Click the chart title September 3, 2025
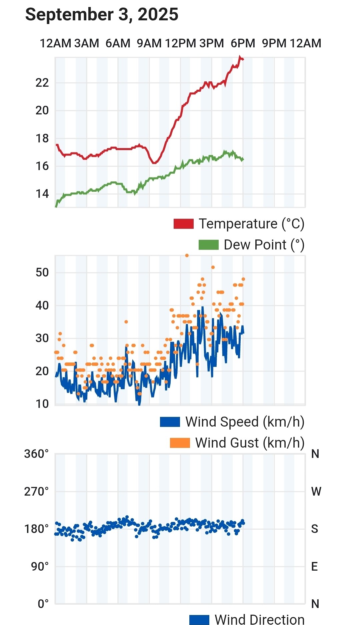(x=102, y=15)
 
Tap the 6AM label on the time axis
(x=118, y=43)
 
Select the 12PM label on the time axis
(x=180, y=43)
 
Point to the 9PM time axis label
(x=274, y=43)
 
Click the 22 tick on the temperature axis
(x=42, y=83)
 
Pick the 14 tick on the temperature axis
(x=42, y=194)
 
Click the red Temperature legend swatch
(x=183, y=224)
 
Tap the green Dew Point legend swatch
(x=208, y=245)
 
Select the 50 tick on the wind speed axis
(x=42, y=272)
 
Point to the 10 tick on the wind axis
(x=42, y=404)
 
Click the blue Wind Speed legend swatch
(x=170, y=422)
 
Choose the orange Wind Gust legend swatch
(x=180, y=443)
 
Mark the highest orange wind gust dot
(x=187, y=255)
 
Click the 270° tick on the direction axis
(x=36, y=491)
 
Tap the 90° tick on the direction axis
(x=40, y=566)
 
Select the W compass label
(x=316, y=491)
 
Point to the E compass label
(x=314, y=566)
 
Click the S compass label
(x=314, y=529)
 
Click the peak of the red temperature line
(x=240, y=57)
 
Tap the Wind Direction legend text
(x=259, y=619)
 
